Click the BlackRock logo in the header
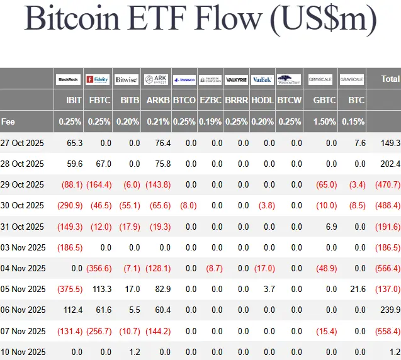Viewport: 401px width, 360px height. tap(67, 79)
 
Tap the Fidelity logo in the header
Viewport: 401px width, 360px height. tap(98, 79)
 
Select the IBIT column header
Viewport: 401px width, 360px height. tap(74, 100)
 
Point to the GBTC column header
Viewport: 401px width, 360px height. tap(324, 100)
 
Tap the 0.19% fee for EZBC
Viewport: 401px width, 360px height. tap(210, 121)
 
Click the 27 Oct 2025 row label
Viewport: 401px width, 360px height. tap(22, 143)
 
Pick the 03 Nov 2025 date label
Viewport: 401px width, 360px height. tap(23, 247)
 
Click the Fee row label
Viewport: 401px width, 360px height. tap(8, 121)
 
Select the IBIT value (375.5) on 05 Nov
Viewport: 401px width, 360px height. tap(71, 289)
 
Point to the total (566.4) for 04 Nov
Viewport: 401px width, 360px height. tap(387, 268)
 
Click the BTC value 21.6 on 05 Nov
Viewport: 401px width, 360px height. tap(358, 289)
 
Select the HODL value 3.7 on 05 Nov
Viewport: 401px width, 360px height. tap(269, 289)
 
